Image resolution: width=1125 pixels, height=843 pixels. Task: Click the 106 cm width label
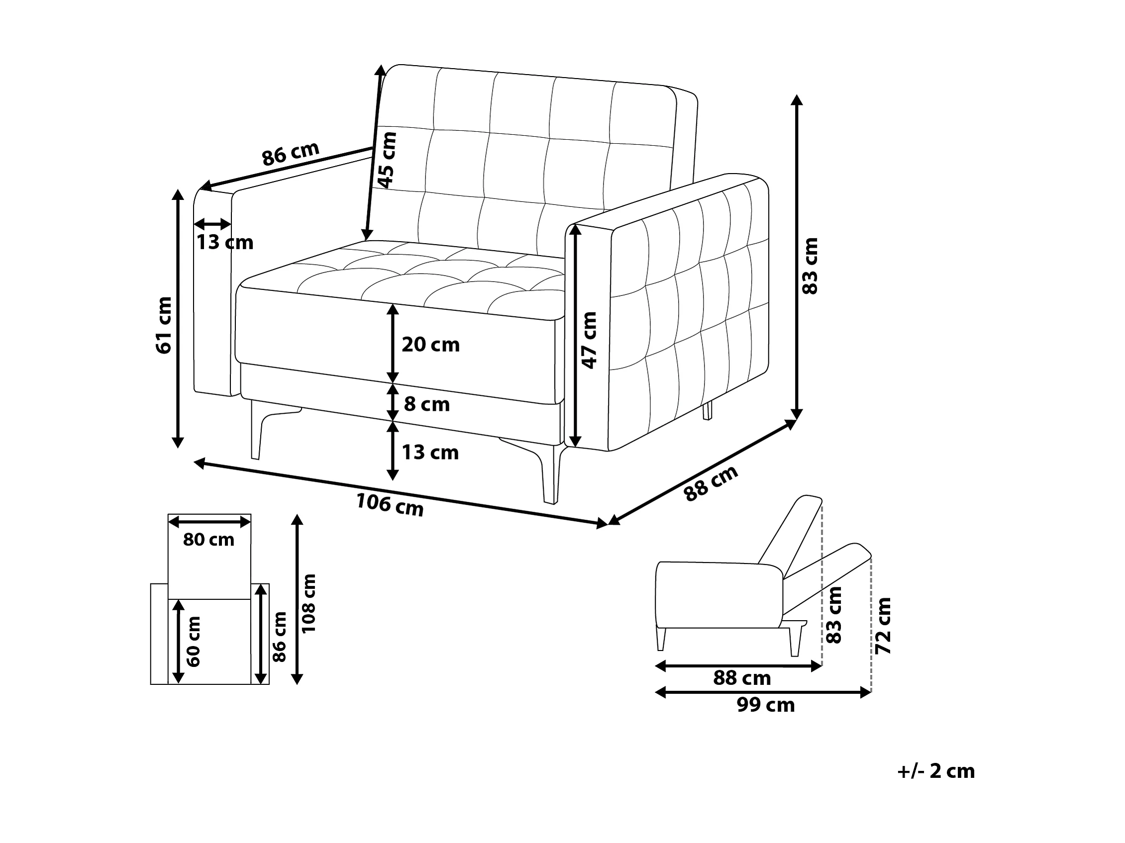pos(390,505)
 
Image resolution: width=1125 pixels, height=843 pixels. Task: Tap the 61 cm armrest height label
pos(164,325)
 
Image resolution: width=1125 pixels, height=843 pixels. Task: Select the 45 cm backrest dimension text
pos(387,160)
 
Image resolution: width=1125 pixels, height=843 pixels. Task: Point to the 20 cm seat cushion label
pos(430,345)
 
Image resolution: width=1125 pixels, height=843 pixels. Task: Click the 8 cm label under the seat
pos(427,405)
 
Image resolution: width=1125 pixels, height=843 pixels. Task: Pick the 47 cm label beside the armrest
pos(590,340)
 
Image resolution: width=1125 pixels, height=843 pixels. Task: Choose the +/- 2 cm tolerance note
pos(935,771)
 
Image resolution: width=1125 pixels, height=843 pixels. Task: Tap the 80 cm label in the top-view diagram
pos(208,540)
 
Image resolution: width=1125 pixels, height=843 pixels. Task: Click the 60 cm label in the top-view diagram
pos(194,641)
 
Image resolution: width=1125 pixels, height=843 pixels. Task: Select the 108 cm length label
pos(308,603)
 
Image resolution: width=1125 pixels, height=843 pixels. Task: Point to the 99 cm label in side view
pos(765,705)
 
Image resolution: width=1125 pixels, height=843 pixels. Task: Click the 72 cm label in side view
pos(883,626)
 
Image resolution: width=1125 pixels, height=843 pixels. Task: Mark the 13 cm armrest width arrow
pos(212,224)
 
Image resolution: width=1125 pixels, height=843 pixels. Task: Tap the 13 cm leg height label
pos(430,453)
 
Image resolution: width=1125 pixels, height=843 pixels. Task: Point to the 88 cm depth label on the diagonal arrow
pos(711,483)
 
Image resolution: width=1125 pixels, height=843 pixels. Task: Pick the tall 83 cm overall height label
pos(810,266)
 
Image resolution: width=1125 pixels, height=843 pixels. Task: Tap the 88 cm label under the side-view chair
pos(742,678)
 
